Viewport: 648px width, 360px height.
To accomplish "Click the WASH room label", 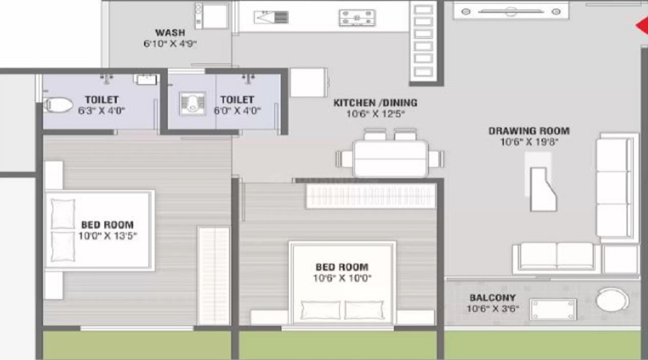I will [170, 32].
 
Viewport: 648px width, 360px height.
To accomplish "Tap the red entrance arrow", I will [641, 27].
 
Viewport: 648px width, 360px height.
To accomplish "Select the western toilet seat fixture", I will [58, 106].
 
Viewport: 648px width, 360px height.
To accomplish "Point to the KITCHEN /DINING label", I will [374, 103].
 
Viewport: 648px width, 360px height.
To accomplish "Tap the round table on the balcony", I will [612, 299].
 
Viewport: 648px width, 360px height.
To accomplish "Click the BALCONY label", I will [492, 297].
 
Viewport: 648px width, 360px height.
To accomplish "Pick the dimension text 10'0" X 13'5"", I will [107, 236].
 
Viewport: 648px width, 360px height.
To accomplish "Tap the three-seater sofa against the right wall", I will [617, 187].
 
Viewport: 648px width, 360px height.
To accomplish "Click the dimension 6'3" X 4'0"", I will [102, 111].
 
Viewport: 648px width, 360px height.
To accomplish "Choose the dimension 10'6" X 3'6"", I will [492, 309].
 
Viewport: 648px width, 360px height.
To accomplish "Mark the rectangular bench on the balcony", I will [553, 310].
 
